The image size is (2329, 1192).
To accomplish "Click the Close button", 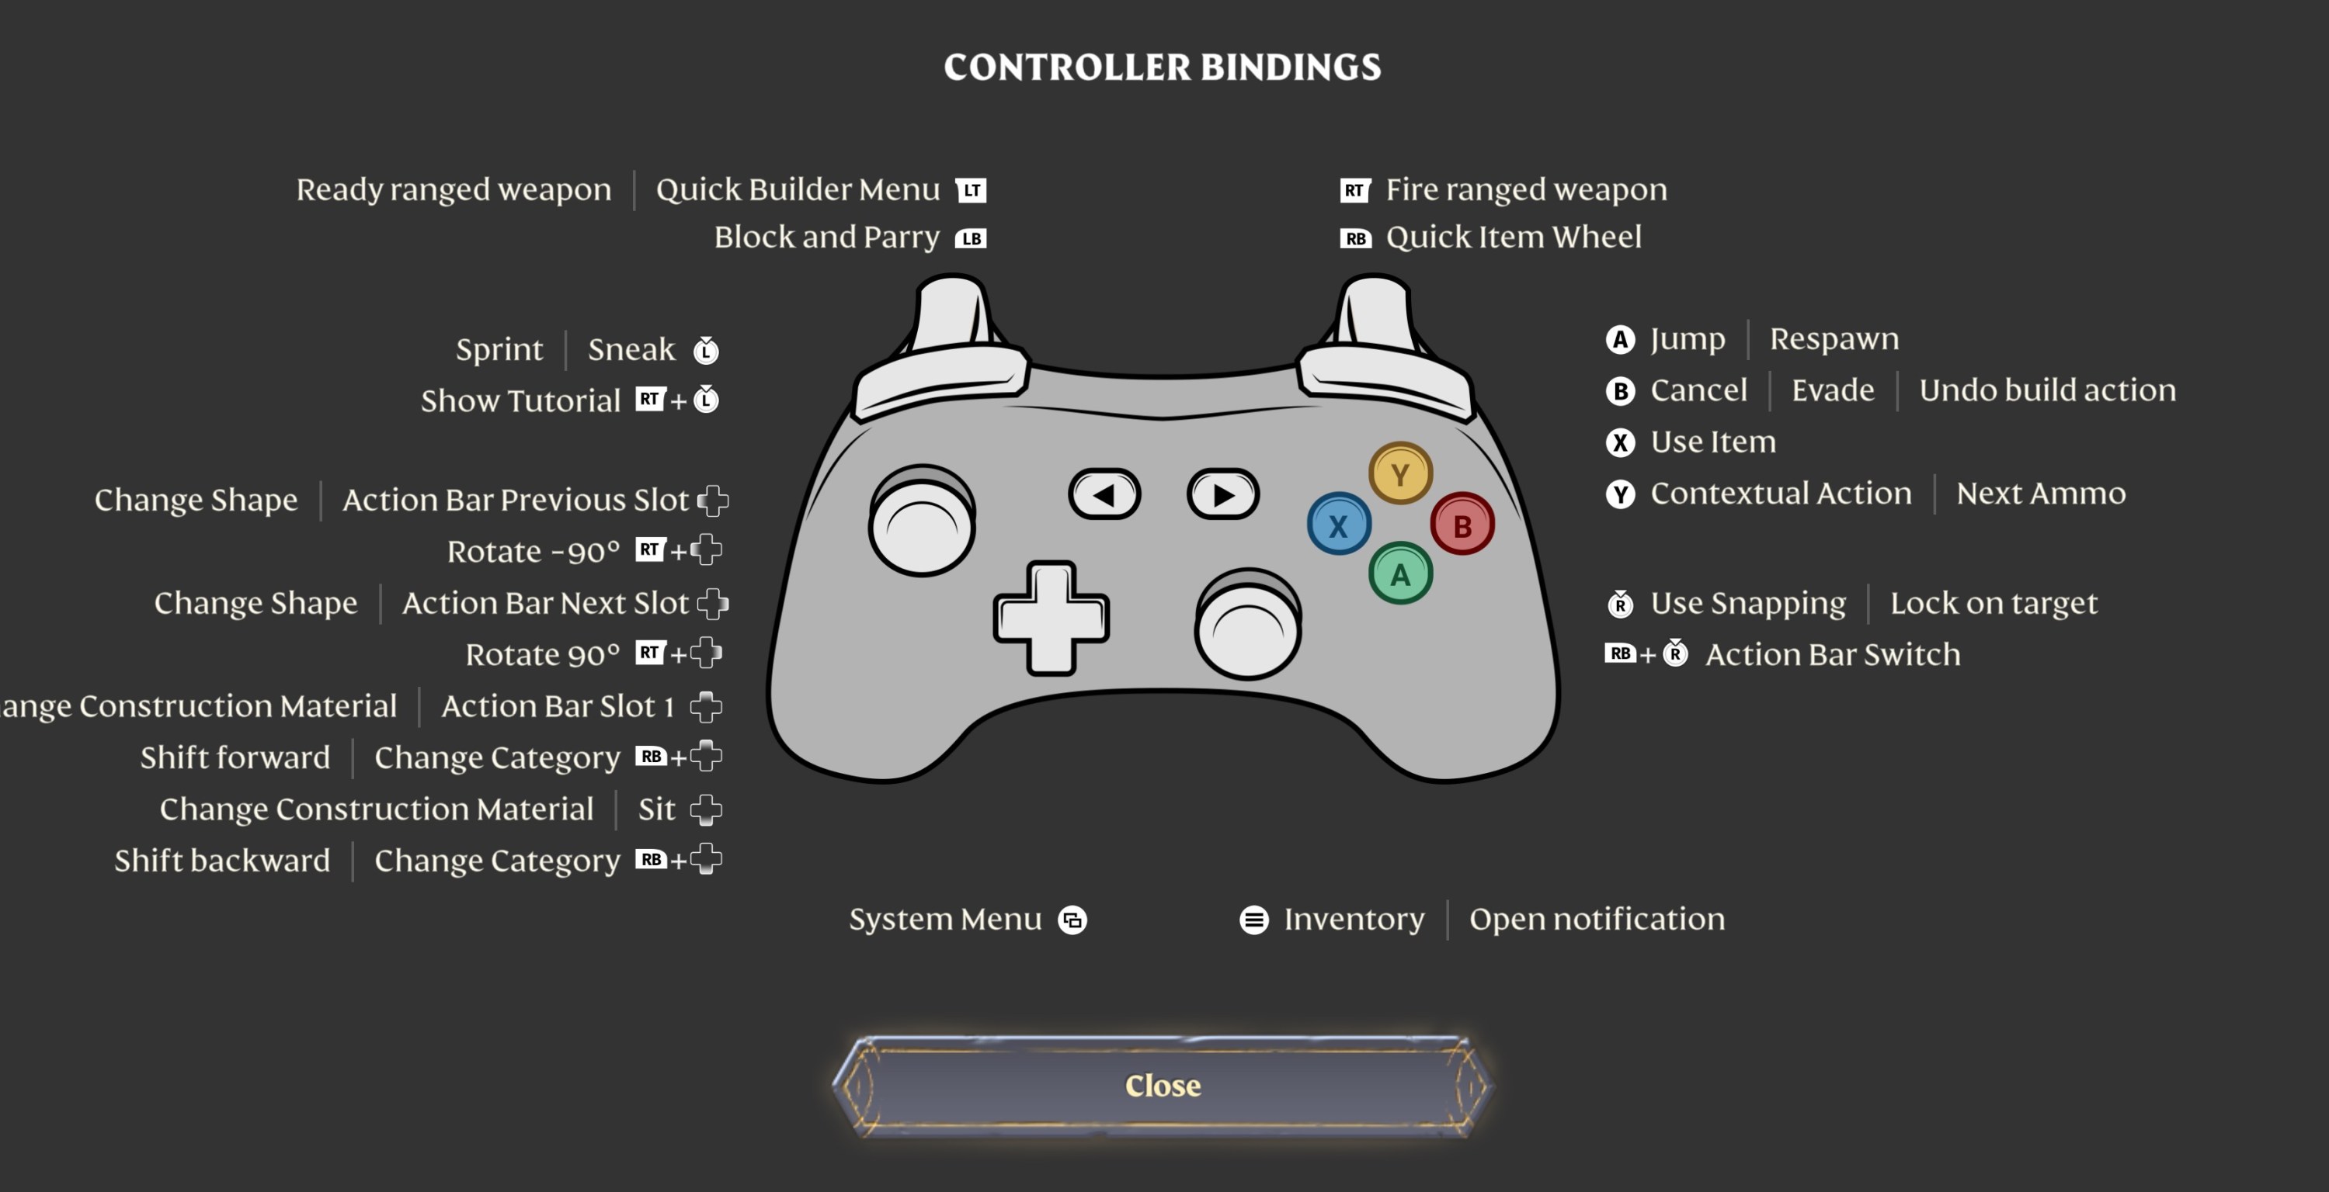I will [x=1163, y=1086].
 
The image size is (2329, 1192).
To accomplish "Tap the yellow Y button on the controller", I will [x=1399, y=473].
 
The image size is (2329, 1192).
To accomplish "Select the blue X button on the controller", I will [x=1338, y=524].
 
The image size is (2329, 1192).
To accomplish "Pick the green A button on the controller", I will [x=1399, y=573].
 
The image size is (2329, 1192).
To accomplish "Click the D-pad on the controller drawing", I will [x=1051, y=619].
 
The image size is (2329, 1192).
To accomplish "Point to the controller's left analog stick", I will [x=921, y=521].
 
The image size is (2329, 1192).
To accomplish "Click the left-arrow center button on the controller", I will [x=1104, y=494].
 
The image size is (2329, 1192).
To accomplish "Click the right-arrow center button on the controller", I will [x=1222, y=494].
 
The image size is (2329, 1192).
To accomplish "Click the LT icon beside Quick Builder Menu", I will [x=971, y=191].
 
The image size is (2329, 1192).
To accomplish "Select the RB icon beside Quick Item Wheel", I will [x=1354, y=238].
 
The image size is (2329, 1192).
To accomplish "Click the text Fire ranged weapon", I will [x=1526, y=190].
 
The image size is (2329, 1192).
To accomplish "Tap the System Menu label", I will [x=945, y=919].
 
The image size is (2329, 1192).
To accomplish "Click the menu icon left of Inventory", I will [x=1253, y=920].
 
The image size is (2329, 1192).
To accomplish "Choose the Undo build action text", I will [x=2047, y=390].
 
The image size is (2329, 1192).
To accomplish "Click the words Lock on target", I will [x=1993, y=603].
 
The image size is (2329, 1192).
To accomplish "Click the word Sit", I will [x=656, y=809].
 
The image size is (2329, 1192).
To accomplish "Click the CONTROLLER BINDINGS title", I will [x=1163, y=67].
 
